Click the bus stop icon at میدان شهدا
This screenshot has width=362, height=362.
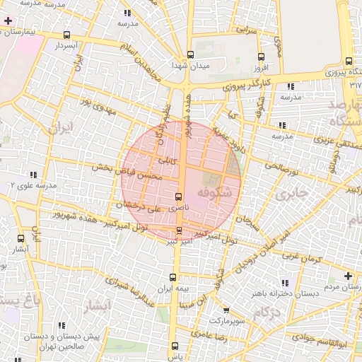[x=189, y=54]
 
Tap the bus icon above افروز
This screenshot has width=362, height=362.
[x=261, y=57]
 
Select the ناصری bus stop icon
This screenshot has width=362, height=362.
[x=177, y=197]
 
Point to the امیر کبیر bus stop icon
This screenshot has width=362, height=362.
[x=178, y=230]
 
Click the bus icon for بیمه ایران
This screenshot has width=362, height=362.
[x=173, y=277]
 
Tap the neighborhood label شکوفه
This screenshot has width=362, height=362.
[x=214, y=192]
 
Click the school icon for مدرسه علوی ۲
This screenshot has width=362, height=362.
[x=33, y=175]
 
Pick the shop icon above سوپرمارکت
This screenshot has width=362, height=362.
[x=226, y=310]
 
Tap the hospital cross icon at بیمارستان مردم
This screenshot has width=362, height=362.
[x=347, y=276]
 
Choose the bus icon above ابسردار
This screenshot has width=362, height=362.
[x=66, y=35]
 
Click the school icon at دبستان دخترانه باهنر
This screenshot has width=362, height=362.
[x=284, y=281]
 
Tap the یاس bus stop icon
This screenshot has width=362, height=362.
[x=175, y=346]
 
